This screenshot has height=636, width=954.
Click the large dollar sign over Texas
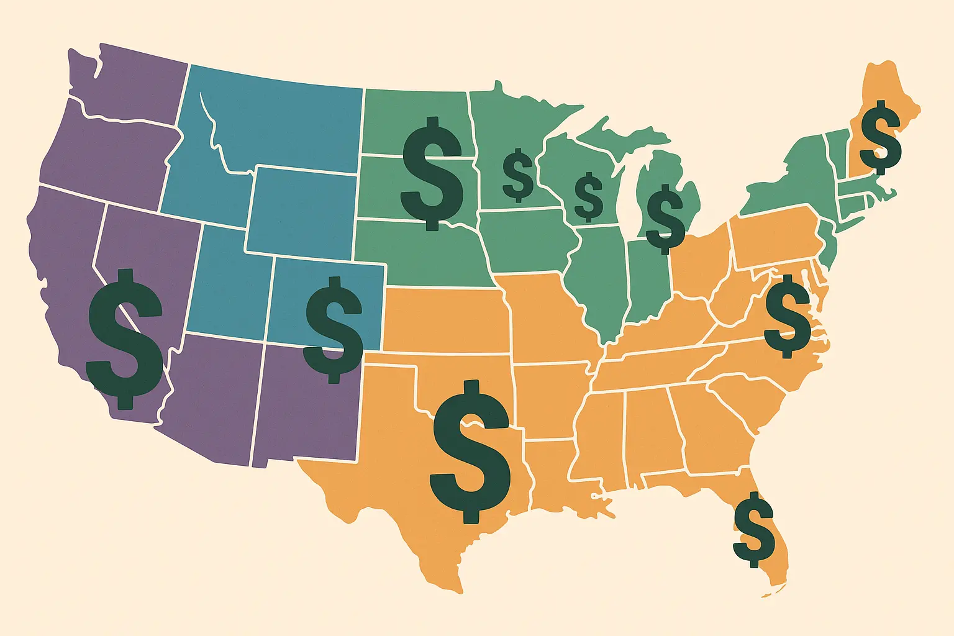471,451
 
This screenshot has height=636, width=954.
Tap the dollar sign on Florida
753,529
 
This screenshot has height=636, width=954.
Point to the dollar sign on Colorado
334,329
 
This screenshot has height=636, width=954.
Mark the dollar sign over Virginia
787,316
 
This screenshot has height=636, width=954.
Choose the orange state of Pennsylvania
776,239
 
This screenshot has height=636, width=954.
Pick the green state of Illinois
596,279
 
